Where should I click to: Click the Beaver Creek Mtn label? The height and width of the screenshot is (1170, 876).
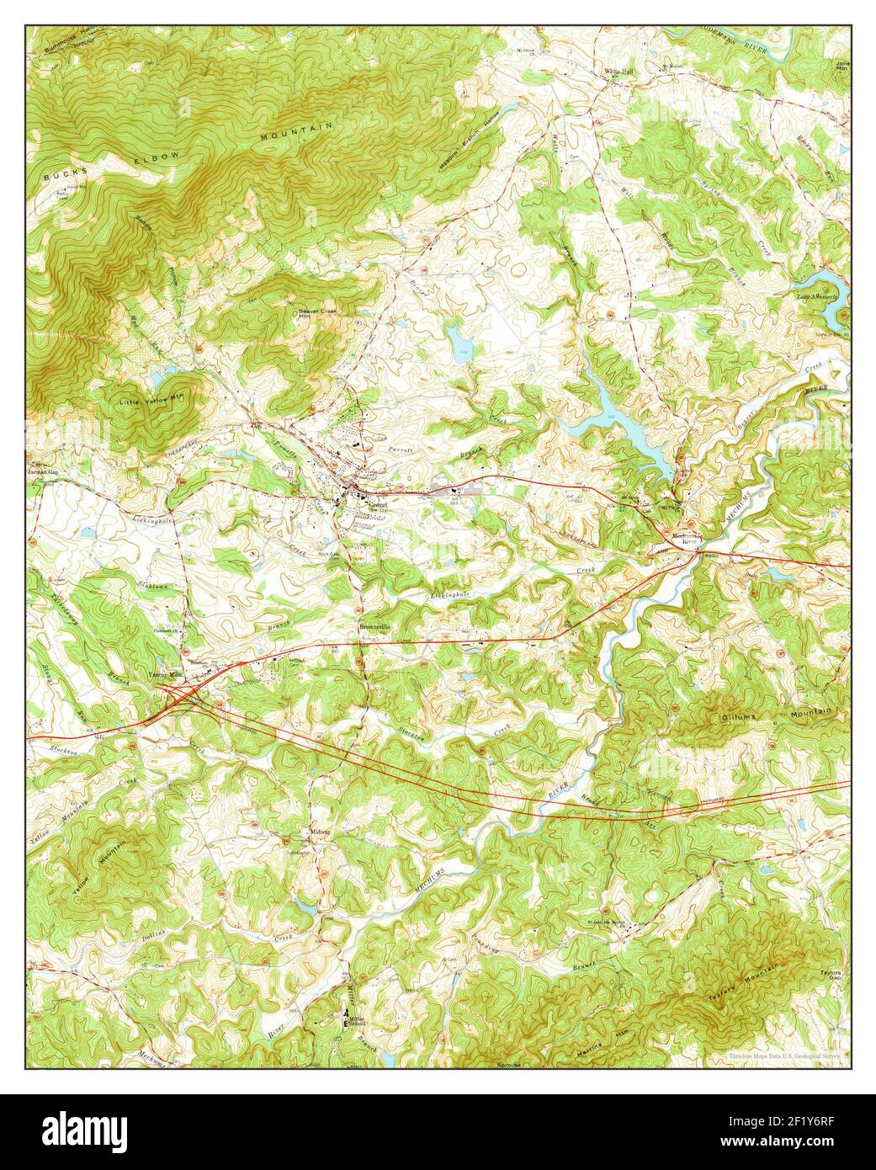click(x=318, y=314)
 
